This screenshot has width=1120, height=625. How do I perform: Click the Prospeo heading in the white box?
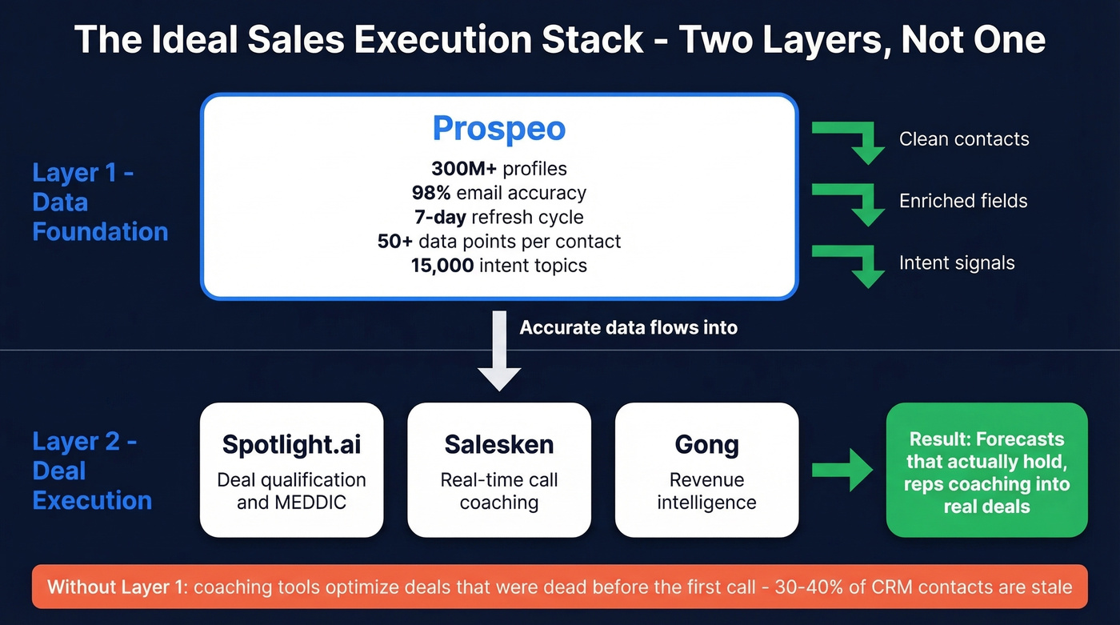[x=498, y=129]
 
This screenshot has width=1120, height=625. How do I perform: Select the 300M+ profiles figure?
[x=498, y=169]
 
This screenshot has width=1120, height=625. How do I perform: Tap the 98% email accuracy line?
[x=498, y=193]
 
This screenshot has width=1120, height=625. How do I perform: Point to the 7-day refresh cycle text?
[x=498, y=217]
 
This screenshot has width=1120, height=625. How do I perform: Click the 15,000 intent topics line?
[x=498, y=265]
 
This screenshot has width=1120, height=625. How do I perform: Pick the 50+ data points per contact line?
[x=498, y=241]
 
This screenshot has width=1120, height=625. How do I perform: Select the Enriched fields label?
[x=963, y=201]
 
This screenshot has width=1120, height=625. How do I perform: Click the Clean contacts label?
[x=964, y=139]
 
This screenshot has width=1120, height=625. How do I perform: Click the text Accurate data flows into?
[x=628, y=327]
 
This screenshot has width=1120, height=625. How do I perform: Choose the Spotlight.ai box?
[x=291, y=470]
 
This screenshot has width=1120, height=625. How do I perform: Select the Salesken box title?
[x=498, y=445]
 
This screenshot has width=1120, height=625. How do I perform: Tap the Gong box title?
[x=706, y=445]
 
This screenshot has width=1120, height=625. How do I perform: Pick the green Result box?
[x=986, y=470]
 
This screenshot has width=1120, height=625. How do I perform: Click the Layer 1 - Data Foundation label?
[x=100, y=202]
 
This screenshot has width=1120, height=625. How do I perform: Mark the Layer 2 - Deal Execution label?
[x=92, y=471]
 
